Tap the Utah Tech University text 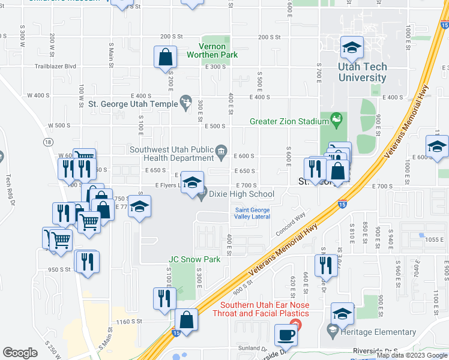[362, 73]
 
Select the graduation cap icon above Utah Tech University [352, 47]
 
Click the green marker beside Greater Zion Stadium [337, 121]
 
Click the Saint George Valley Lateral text [252, 213]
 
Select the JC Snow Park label [194, 260]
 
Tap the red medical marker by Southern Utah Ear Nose [300, 325]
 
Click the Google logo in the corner [20, 353]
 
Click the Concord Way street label [291, 223]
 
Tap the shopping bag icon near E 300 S [165, 58]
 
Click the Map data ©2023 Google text [412, 355]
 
